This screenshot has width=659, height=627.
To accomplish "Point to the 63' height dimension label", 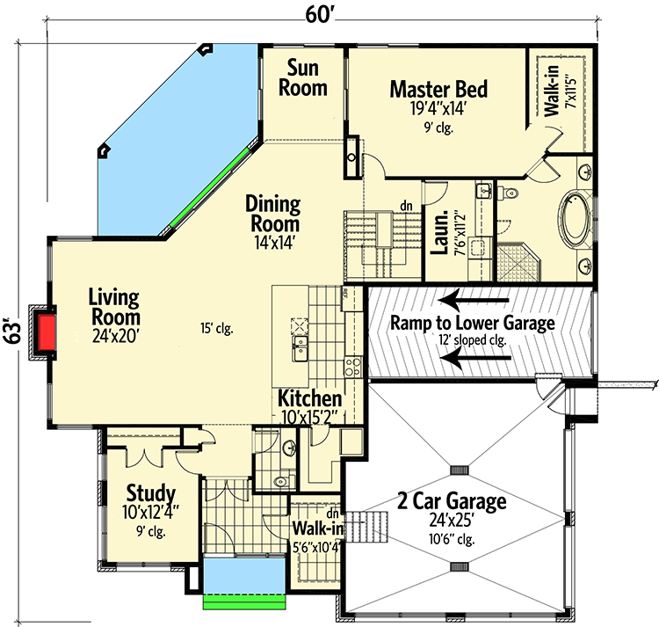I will (x=10, y=329).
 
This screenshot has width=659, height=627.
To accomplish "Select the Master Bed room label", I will (x=438, y=90).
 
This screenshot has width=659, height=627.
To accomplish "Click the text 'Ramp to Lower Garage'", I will (x=473, y=324).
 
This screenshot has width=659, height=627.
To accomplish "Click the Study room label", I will (x=150, y=493).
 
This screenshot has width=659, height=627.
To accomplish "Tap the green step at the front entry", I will (x=244, y=602).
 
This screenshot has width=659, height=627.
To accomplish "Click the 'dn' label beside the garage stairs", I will (x=332, y=514).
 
